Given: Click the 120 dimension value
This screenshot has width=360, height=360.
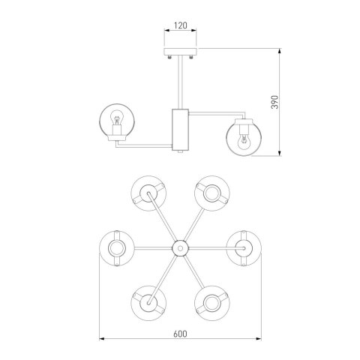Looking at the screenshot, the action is (180, 25).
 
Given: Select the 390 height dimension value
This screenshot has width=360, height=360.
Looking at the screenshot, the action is (274, 102).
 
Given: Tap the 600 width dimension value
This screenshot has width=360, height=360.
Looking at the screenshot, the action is (180, 334).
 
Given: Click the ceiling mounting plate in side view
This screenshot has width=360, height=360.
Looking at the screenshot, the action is (180, 52).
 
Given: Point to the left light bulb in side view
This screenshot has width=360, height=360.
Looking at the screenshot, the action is (116, 118).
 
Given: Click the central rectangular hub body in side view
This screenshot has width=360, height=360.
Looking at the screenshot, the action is (180, 129).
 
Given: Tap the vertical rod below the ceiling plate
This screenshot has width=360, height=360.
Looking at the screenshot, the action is (180, 82).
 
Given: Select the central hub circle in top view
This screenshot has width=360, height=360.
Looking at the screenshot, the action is (180, 248).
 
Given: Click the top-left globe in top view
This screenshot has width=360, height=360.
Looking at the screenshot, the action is (148, 193).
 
